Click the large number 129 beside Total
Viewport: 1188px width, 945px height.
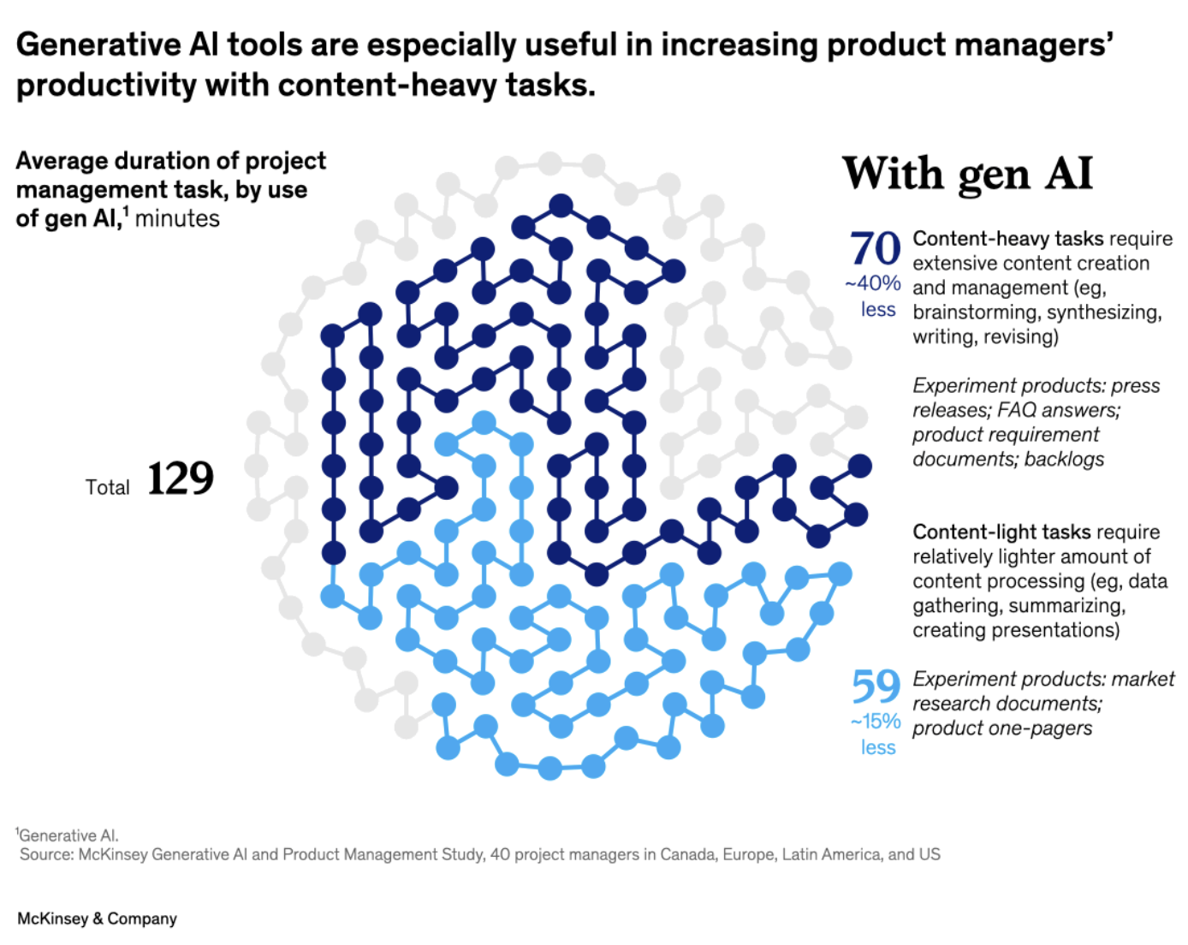pos(181,478)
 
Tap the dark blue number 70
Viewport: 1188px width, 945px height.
pos(875,249)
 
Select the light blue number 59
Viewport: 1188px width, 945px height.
pos(876,686)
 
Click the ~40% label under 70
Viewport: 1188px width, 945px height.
pos(873,283)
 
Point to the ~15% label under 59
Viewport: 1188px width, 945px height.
pos(876,722)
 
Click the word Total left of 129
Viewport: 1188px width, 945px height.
pos(107,488)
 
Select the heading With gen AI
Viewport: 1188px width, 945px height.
pos(968,174)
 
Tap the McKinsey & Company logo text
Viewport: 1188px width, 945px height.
pos(97,918)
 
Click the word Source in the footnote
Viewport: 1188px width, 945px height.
pos(46,854)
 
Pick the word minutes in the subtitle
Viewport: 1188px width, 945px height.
pos(177,219)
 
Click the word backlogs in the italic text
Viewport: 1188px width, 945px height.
pos(1064,460)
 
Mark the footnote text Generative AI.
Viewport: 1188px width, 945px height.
pos(69,835)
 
